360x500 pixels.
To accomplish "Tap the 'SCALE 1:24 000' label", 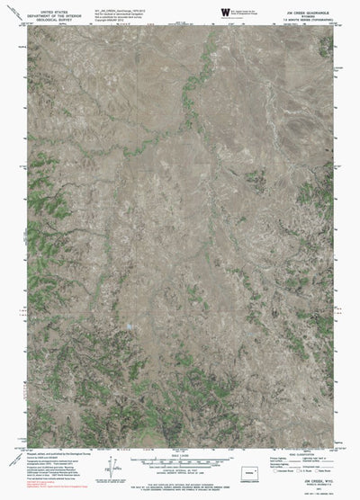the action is click(x=179, y=455).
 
